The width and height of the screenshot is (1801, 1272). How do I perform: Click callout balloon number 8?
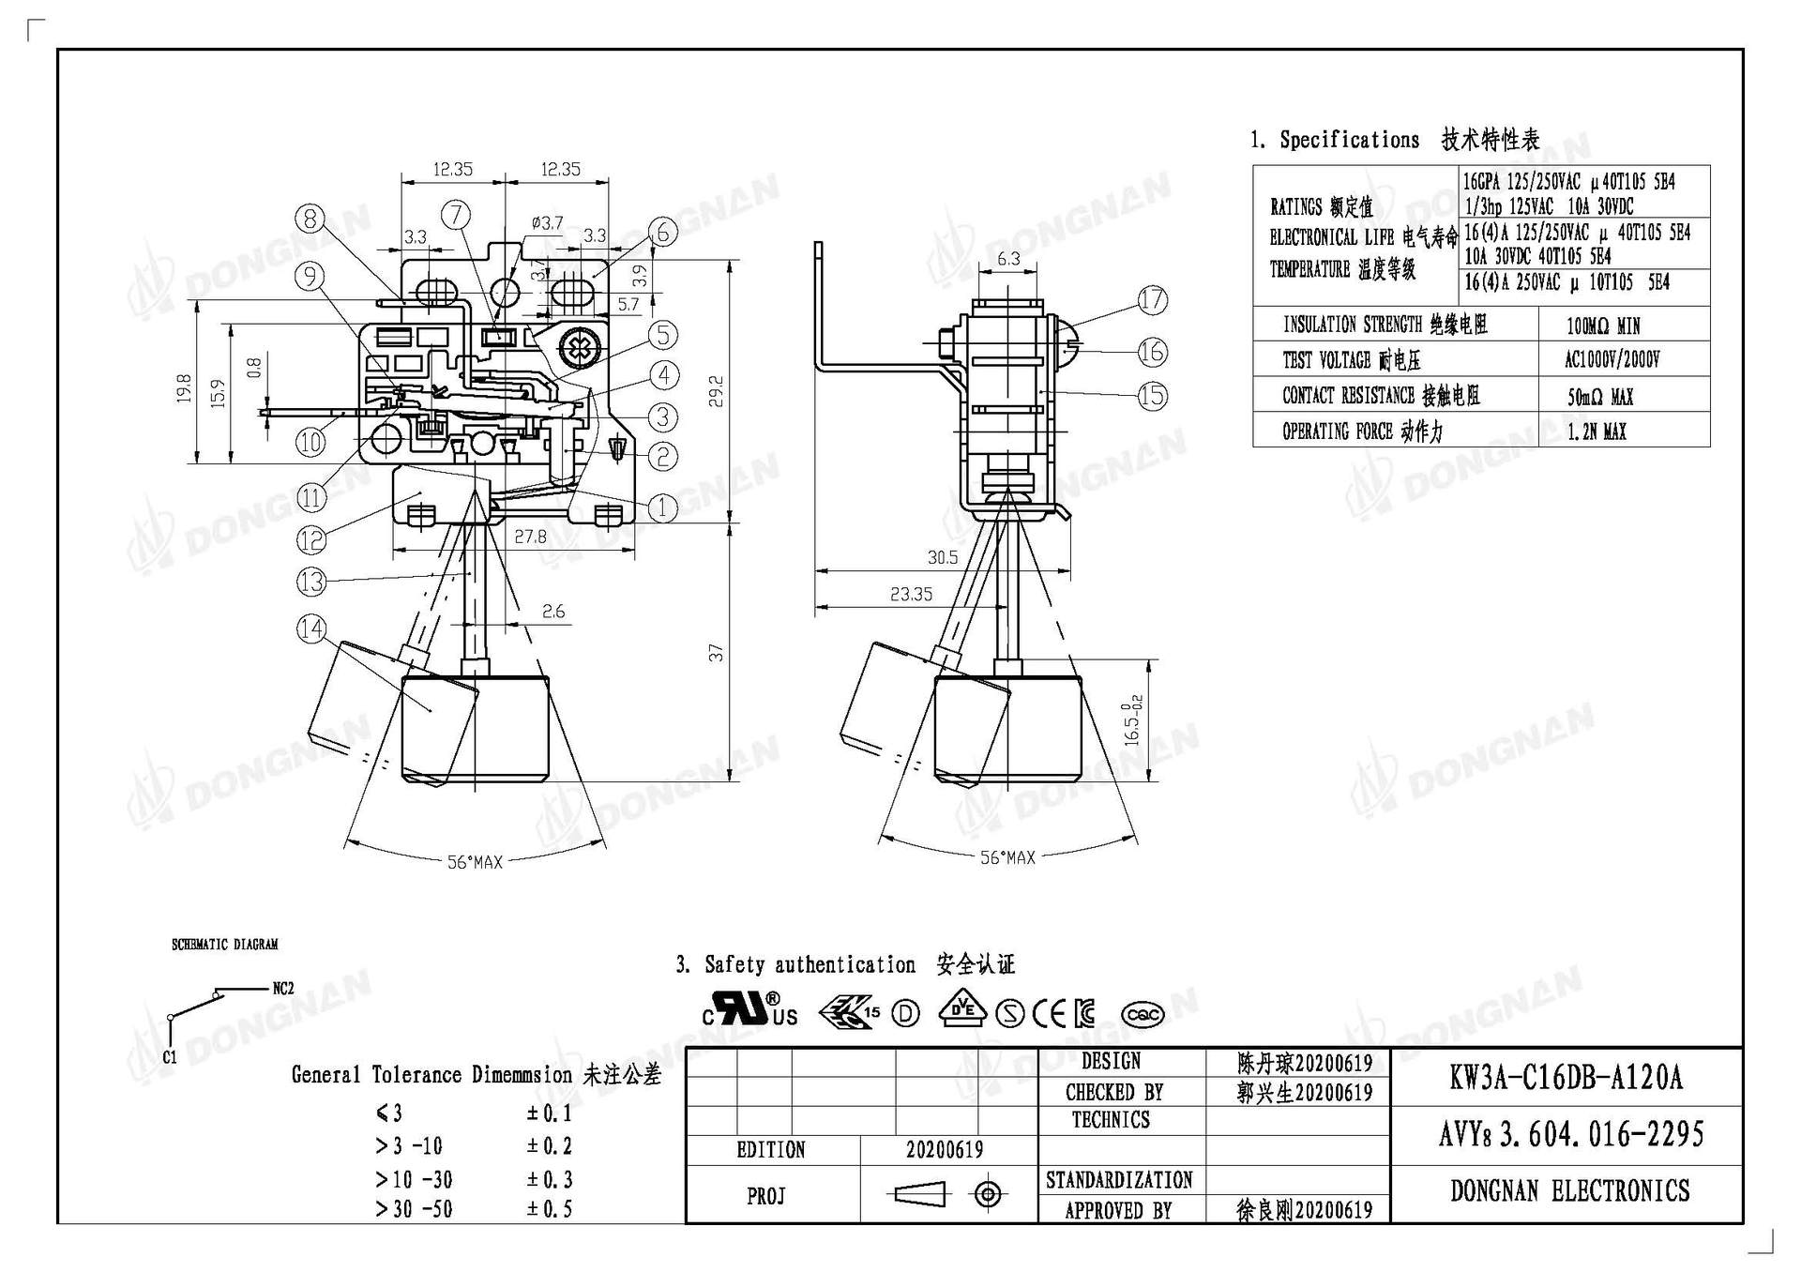click(x=310, y=220)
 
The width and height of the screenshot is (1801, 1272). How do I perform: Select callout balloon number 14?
click(x=311, y=628)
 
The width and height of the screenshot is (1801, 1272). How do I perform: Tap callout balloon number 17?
click(x=1153, y=300)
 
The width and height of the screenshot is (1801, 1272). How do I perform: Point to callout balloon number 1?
click(x=663, y=507)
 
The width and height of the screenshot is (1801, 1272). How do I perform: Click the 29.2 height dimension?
click(x=716, y=390)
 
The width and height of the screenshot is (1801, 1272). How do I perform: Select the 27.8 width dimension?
click(x=530, y=536)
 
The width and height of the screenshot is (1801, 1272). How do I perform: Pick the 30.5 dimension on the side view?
click(x=942, y=557)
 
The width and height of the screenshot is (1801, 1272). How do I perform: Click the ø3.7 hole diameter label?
click(x=547, y=222)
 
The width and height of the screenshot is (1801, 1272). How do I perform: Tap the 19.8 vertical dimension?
click(x=184, y=387)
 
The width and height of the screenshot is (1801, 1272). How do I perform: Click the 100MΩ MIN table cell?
click(x=1602, y=326)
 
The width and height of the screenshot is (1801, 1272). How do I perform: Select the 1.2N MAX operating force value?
click(x=1597, y=432)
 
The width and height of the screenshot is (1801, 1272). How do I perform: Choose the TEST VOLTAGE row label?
click(x=1352, y=360)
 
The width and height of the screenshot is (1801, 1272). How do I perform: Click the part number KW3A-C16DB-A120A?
click(x=1566, y=1078)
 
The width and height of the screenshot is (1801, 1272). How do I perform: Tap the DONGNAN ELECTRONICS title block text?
click(x=1569, y=1191)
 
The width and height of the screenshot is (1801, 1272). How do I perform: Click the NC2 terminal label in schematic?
click(x=283, y=988)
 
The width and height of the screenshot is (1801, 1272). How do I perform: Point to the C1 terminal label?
click(x=169, y=1056)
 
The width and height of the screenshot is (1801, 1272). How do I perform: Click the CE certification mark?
click(x=1049, y=1013)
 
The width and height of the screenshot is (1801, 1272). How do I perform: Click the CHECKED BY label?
click(x=1113, y=1092)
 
